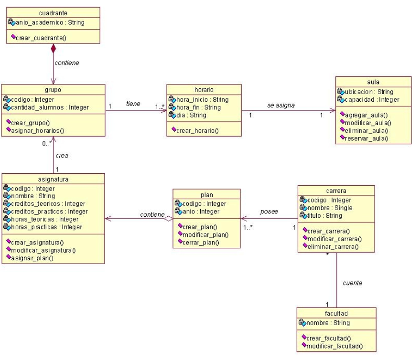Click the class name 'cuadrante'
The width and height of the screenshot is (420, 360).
pos(53,11)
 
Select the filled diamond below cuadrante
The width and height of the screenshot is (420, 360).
pos(53,48)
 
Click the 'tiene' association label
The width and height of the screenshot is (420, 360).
pos(133,104)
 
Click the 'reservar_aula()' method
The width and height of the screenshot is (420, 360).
pos(366,138)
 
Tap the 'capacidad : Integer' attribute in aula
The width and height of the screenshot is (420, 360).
pos(372,100)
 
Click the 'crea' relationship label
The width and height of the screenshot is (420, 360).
pos(62,155)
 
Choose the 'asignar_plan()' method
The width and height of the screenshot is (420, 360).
pos(32,258)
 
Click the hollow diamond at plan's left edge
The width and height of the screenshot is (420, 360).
pos(168,219)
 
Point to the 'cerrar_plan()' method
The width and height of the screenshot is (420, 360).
pos(201,242)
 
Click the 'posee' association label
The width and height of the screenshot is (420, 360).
pos(269,212)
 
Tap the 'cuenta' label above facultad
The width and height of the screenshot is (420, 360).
pos(352,283)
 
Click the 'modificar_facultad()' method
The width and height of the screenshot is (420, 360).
pos(334,346)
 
